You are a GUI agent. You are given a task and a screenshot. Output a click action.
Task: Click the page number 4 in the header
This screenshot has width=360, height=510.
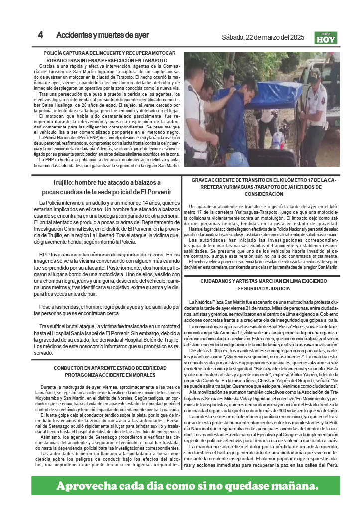click(x=41, y=35)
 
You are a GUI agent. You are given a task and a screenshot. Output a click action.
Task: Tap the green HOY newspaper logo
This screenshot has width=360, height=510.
click(x=326, y=38)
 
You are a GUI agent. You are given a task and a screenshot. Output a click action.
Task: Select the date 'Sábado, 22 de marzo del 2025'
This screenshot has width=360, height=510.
click(x=262, y=37)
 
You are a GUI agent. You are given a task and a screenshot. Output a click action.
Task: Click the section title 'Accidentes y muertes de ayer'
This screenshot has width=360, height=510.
click(x=103, y=35)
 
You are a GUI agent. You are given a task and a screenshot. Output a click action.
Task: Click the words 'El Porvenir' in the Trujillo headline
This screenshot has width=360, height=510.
click(x=156, y=192)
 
